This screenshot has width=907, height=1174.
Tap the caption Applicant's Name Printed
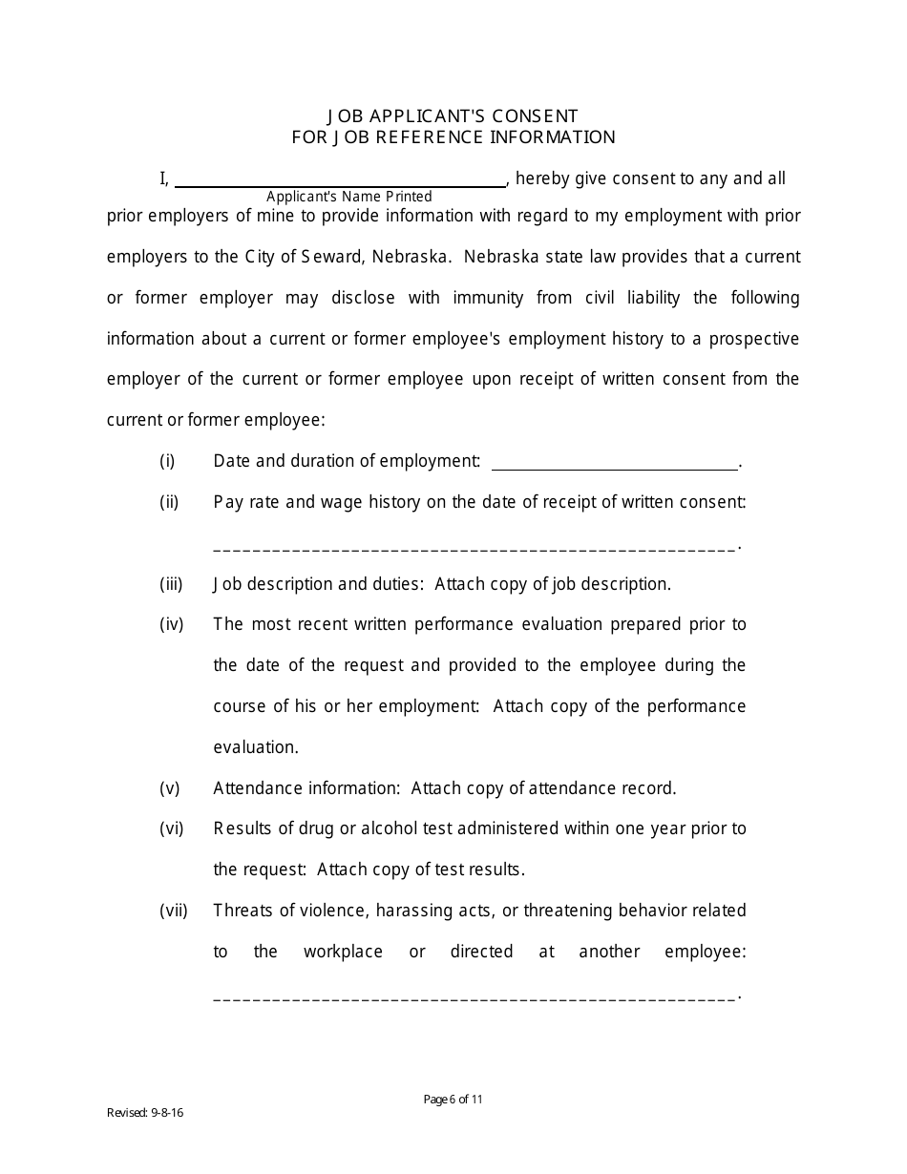(x=349, y=197)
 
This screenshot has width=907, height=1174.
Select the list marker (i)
(x=168, y=461)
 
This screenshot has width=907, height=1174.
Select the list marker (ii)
(x=170, y=502)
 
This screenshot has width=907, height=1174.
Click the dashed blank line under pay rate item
(x=475, y=549)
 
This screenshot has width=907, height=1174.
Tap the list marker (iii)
(x=172, y=584)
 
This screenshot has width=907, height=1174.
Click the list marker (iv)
(x=172, y=625)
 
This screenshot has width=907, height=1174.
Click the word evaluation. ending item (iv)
(x=243, y=747)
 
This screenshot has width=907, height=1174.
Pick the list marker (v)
(x=170, y=788)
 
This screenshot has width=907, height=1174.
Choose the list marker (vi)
(x=172, y=829)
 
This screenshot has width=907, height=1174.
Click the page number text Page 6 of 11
(x=453, y=1100)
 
